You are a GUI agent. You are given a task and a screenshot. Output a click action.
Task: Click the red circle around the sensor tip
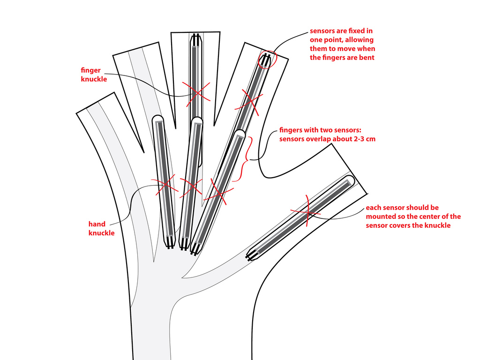click(x=267, y=59)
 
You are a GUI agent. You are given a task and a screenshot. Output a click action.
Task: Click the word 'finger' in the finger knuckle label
click(x=90, y=70)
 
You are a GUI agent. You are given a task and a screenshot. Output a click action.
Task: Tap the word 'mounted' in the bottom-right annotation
click(x=380, y=217)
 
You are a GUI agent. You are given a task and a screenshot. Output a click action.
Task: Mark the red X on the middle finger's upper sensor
click(x=196, y=92)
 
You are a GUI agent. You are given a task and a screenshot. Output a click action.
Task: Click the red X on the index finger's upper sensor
click(x=249, y=103)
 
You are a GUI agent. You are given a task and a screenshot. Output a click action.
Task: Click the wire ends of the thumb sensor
click(x=252, y=255)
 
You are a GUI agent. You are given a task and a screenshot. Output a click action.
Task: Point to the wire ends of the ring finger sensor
click(x=170, y=243)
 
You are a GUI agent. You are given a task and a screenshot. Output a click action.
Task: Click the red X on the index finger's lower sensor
click(x=219, y=192)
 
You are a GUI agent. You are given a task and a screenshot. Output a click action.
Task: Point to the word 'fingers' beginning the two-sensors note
click(x=291, y=130)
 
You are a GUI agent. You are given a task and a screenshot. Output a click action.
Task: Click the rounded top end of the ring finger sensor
click(x=158, y=118)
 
